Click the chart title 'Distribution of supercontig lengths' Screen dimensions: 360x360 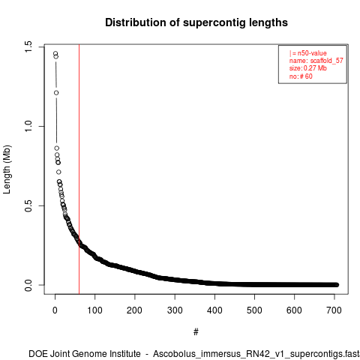196,22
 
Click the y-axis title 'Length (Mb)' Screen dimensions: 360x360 7,169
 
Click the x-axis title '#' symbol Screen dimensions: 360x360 196,332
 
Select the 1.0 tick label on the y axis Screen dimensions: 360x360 28,127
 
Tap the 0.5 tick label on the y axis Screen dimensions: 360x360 28,205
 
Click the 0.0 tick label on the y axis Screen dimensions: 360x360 28,285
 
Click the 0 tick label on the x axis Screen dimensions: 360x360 55,310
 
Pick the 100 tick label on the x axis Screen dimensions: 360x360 94,310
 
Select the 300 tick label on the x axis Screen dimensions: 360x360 175,310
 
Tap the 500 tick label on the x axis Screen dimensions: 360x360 254,310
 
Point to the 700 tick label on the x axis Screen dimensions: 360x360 334,310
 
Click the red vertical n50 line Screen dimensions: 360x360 79,169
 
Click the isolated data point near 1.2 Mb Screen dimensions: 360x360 56,93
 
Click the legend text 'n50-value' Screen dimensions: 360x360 312,53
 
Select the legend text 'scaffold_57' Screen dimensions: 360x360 327,61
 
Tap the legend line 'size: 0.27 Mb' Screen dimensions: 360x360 308,68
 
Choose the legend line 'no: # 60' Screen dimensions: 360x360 301,76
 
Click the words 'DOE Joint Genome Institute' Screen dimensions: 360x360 85,354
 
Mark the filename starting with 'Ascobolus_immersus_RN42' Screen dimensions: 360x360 256,354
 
